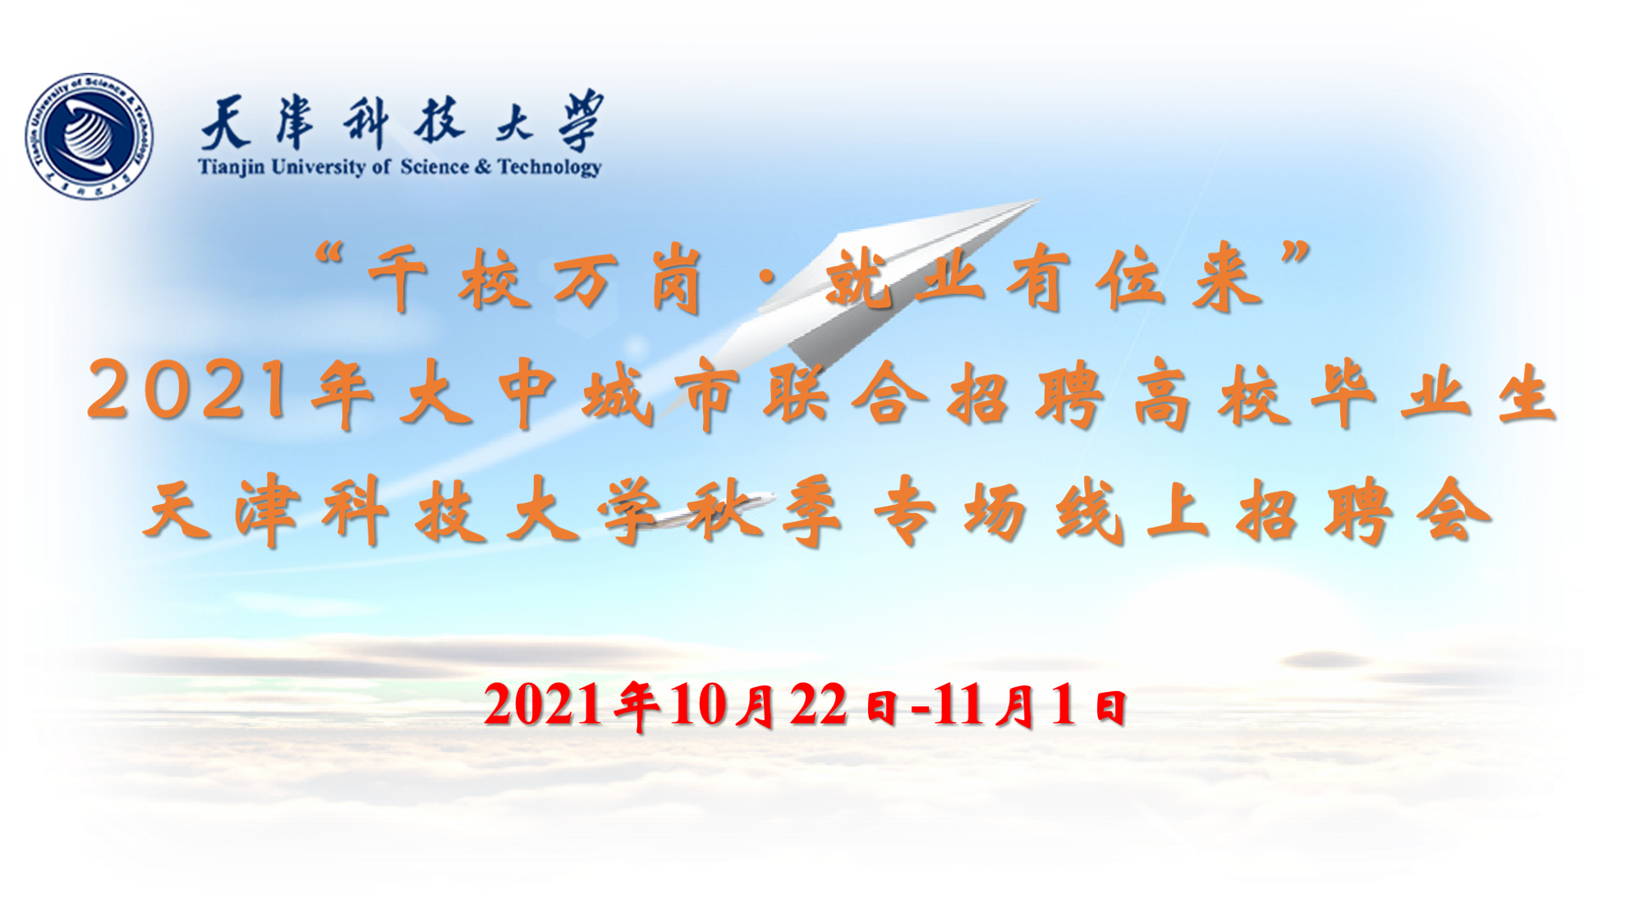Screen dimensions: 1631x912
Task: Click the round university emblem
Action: point(90,135)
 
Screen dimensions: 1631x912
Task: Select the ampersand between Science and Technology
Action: point(482,167)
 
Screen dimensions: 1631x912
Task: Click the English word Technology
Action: point(549,167)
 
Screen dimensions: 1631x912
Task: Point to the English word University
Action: point(318,167)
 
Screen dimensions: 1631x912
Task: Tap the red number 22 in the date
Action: point(818,705)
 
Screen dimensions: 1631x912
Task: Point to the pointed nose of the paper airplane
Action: point(1039,199)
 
